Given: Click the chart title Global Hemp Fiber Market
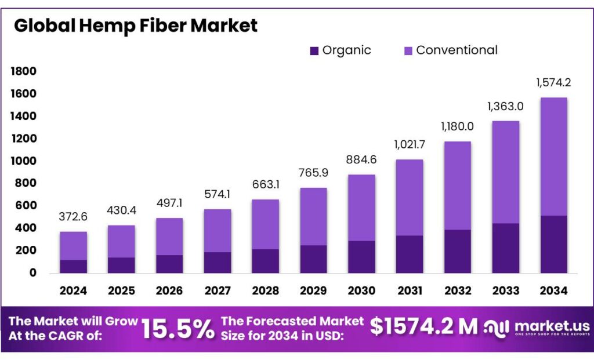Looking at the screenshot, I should coord(136,26).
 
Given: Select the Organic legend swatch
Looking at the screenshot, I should coord(314,51).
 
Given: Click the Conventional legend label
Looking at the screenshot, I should coord(457,50).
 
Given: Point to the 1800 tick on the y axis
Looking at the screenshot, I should coord(23,71).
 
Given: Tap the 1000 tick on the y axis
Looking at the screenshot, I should coord(23,161).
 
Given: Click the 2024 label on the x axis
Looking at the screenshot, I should coord(73,290).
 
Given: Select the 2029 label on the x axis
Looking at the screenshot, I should coord(314,290).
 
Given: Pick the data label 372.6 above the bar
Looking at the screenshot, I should coord(73,217).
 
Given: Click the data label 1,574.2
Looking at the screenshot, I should coord(553,83).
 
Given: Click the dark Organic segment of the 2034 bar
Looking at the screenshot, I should coord(553,244).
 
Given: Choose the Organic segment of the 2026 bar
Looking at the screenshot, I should coord(169,264).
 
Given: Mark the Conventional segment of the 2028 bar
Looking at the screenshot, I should coord(266,224).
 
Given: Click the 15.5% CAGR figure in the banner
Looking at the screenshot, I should coord(178,329).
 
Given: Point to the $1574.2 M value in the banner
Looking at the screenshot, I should coord(423,328).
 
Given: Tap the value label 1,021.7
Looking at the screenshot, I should coord(410,144).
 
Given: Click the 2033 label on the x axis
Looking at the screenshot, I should coord(505,290).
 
